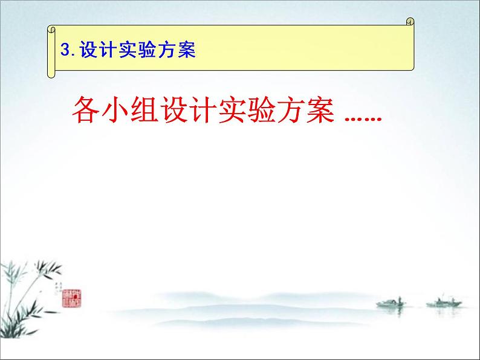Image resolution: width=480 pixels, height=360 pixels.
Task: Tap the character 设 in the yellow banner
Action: pos(87,51)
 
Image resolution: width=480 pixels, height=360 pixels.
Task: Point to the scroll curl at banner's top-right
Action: pos(410,23)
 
